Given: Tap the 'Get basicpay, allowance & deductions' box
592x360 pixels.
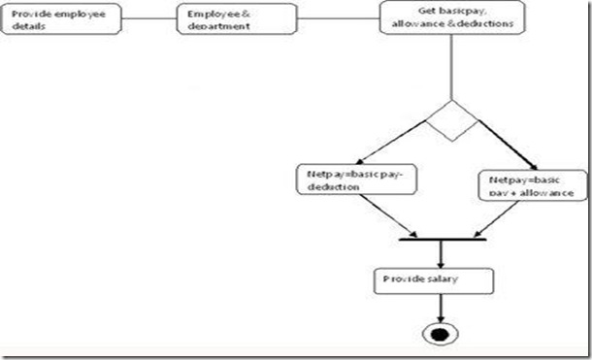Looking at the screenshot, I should pyautogui.click(x=451, y=17).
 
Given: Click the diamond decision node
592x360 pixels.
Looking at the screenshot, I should pyautogui.click(x=451, y=120).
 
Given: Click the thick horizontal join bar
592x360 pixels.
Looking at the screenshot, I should pyautogui.click(x=442, y=237).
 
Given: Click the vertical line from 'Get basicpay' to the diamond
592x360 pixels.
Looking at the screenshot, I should pyautogui.click(x=451, y=68).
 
